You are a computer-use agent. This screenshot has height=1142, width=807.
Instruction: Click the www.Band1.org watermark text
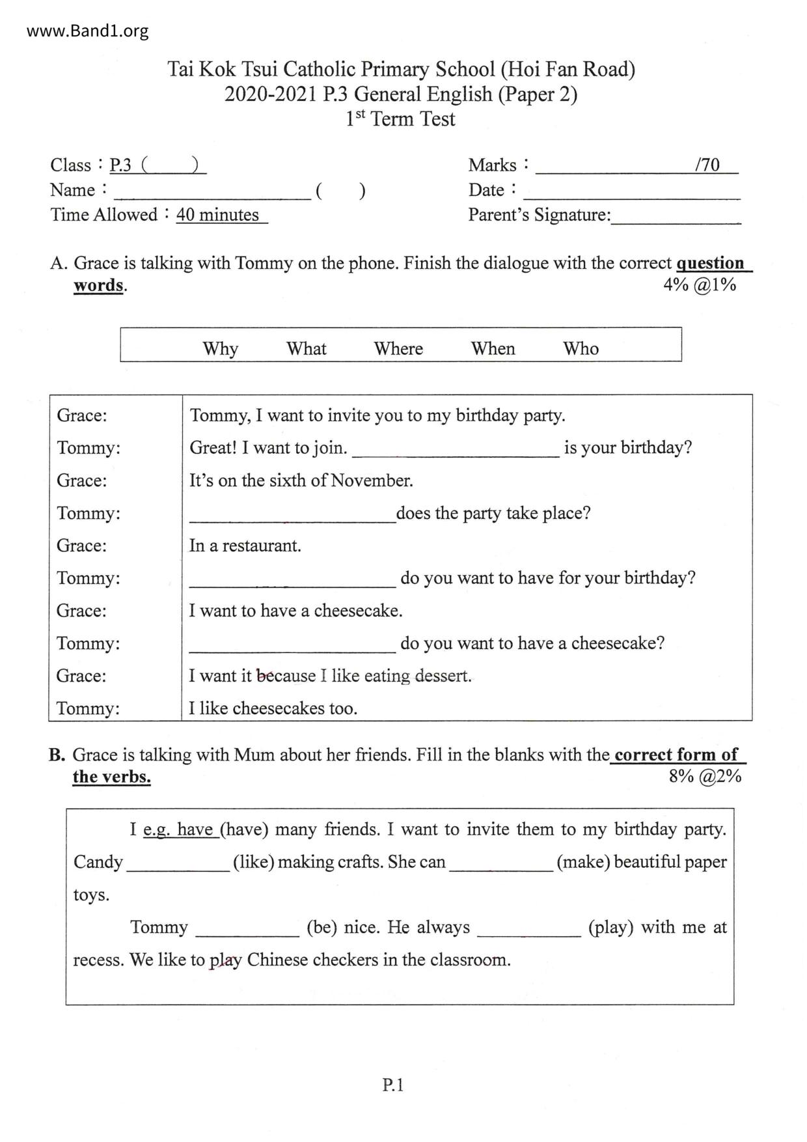pos(87,31)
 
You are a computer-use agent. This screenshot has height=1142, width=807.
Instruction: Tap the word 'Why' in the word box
pos(220,348)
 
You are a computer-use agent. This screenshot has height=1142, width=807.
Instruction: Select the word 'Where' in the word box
pos(398,348)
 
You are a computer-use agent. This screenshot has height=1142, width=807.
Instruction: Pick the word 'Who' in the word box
pos(581,348)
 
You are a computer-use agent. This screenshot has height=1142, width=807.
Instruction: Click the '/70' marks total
pos(707,165)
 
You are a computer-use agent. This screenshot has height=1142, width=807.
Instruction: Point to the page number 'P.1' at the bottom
pos(393,1085)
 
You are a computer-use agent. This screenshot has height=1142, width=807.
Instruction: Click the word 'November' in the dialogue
pos(372,480)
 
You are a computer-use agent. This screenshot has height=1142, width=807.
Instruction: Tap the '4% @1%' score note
pos(700,285)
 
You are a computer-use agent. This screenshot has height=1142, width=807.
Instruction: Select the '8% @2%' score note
pos(705,776)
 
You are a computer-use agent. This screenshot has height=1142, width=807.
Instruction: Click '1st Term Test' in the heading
pos(400,119)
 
